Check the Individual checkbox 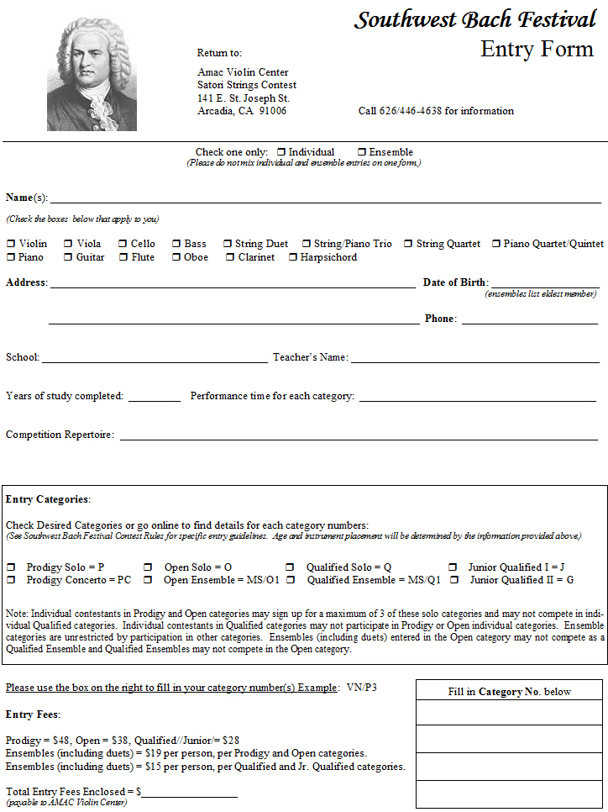click(x=281, y=152)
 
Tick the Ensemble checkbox click(x=362, y=152)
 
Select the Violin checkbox click(x=11, y=244)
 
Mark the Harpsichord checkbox click(x=293, y=257)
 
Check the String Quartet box click(x=409, y=244)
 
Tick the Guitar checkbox click(x=68, y=257)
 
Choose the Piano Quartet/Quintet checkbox click(x=496, y=244)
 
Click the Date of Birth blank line click(x=544, y=286)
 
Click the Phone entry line click(x=529, y=322)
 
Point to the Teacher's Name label click(x=310, y=357)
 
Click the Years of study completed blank click(x=154, y=399)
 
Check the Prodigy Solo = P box click(x=11, y=567)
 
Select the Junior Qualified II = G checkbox click(x=454, y=580)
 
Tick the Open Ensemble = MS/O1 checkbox click(x=148, y=580)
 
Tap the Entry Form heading click(x=537, y=49)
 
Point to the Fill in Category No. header click(x=509, y=692)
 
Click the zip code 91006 click(x=272, y=111)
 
